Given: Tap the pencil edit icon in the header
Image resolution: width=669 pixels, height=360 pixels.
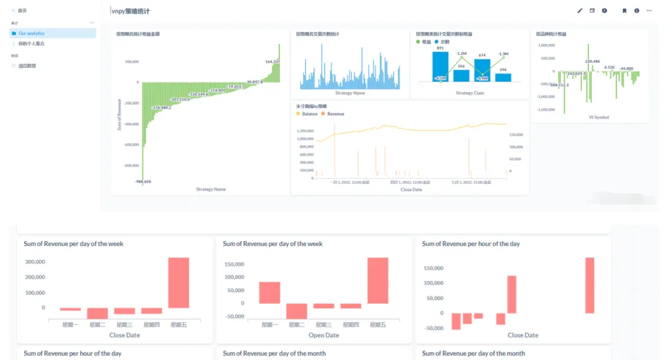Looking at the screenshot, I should coord(580,11).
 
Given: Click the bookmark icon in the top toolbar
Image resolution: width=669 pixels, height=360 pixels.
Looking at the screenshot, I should coord(624,11).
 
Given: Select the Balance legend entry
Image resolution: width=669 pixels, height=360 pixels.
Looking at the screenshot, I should coord(309,114).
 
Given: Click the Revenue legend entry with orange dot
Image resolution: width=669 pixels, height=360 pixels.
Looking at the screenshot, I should coord(335,114).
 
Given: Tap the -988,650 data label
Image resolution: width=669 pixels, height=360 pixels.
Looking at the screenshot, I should coord(142,181).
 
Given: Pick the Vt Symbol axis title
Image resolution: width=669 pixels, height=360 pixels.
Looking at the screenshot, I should coord(599,117).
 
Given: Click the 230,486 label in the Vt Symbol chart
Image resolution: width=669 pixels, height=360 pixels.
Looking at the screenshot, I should coord(592,61).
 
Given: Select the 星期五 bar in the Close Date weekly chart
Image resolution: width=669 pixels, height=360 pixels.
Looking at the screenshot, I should coord(179,283).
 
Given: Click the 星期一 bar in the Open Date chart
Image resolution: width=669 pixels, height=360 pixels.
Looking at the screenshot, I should coord(269,293).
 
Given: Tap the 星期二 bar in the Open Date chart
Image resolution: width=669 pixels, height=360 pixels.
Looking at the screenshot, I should coord(297,311).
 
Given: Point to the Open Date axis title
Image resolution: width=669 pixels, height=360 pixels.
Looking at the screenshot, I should coord(324,336).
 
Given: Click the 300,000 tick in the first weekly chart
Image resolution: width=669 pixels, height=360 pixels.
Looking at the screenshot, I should coord(34,261).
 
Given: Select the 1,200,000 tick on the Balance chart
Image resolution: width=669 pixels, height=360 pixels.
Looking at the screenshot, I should coord(305,131).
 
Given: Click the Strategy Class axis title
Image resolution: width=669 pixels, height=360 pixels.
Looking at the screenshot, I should coord(470,93).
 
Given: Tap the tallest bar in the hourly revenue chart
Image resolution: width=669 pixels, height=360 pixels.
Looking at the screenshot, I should coord(589,285).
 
